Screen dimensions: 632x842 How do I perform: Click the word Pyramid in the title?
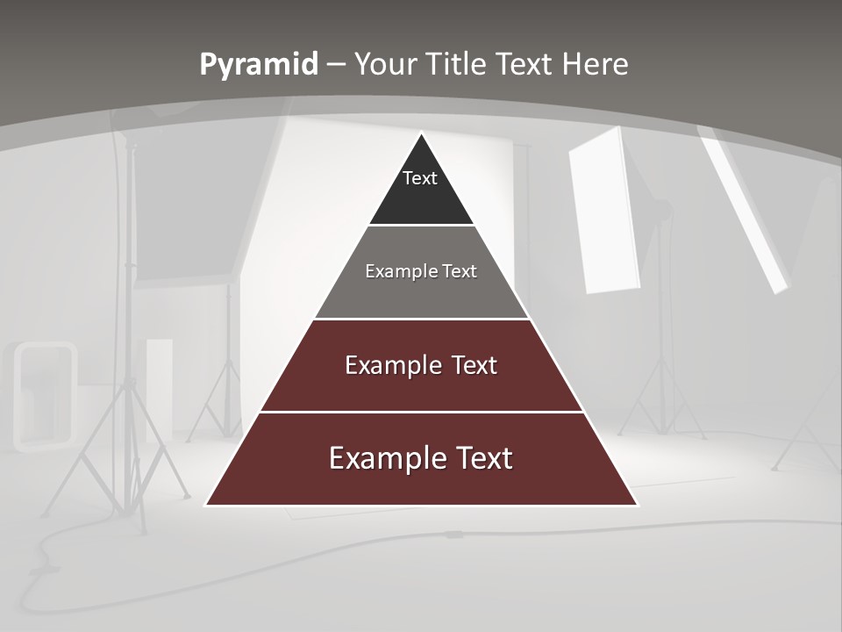(259, 65)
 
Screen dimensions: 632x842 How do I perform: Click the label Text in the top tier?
(420, 178)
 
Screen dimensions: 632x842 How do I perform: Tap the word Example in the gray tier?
(391, 271)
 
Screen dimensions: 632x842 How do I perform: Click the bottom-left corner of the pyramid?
(207, 505)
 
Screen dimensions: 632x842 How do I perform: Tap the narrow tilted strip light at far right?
(745, 211)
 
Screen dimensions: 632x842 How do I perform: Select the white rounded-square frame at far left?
(44, 396)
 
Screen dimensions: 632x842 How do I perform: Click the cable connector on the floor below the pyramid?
(453, 534)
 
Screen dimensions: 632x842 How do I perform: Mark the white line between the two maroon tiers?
(422, 412)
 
